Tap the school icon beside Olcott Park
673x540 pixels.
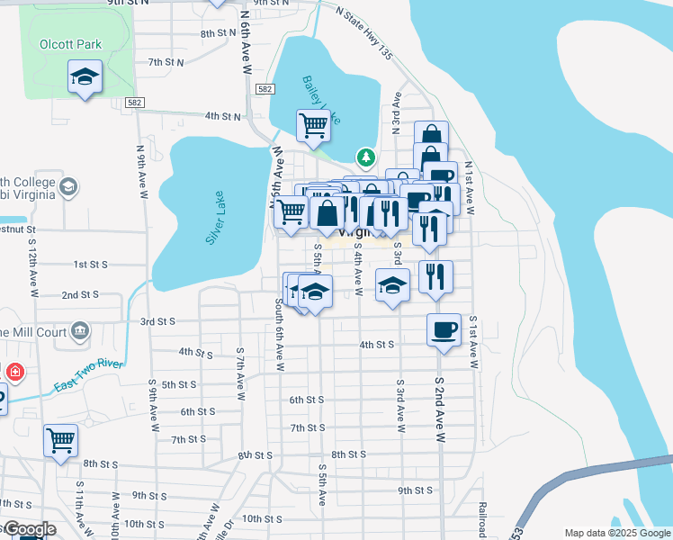click(x=85, y=77)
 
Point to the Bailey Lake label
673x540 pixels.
click(x=321, y=99)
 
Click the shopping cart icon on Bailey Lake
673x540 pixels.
click(x=313, y=125)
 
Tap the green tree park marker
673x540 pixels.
click(x=365, y=157)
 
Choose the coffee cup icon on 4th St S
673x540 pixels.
click(x=444, y=329)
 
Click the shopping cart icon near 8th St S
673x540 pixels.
click(x=61, y=440)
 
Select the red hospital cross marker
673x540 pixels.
click(x=15, y=372)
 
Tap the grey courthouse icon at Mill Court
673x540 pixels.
click(x=81, y=332)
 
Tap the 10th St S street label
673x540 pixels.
click(x=263, y=518)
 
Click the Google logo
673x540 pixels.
click(x=29, y=529)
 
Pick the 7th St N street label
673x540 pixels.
click(x=166, y=62)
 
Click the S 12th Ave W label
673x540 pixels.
click(x=33, y=268)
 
